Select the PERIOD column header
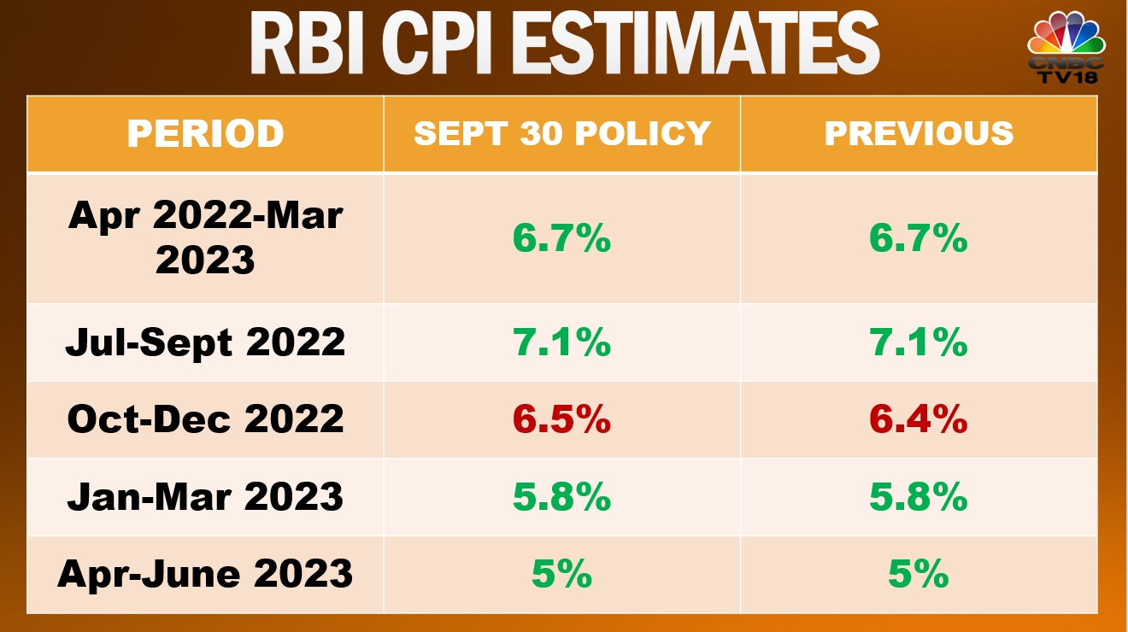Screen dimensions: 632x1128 205,134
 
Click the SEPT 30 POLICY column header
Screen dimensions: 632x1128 562,134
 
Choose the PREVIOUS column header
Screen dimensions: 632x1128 919,134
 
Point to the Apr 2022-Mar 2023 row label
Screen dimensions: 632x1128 205,238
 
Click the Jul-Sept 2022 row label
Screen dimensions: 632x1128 205,342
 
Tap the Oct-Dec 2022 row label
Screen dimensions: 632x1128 205,419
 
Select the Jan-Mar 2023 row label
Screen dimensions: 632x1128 205,497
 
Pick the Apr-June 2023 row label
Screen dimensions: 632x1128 205,574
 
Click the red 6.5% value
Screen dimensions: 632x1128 562,419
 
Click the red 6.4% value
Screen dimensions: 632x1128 919,419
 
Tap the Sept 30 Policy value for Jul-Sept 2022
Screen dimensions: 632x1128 562,342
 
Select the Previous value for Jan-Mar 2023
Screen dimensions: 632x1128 919,497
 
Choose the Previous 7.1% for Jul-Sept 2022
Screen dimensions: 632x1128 919,342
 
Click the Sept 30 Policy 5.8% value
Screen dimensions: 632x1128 562,497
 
